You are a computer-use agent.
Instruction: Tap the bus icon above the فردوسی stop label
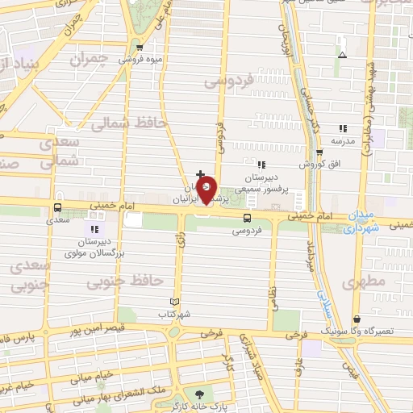point(247,217)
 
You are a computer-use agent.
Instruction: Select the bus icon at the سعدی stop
point(56,206)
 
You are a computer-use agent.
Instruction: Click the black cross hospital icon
point(200,173)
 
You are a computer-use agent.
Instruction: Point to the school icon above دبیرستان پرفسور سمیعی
point(260,165)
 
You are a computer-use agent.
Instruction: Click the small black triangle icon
point(343,56)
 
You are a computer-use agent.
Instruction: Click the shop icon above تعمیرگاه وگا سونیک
point(357,319)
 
